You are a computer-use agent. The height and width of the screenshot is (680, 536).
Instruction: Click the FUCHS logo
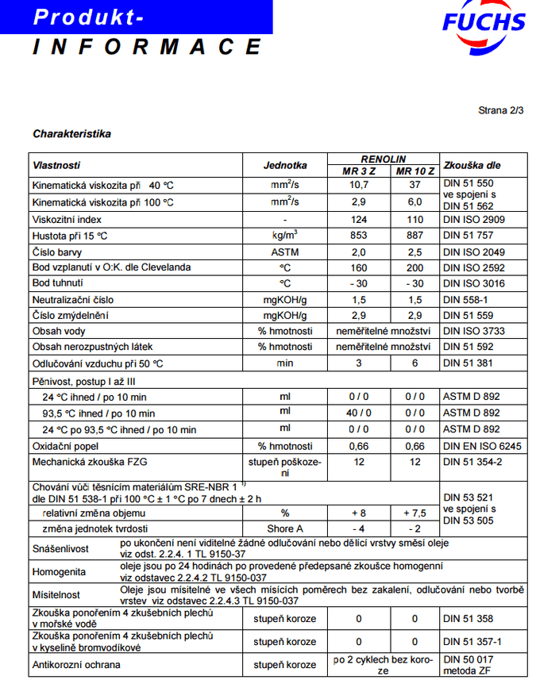coord(484,23)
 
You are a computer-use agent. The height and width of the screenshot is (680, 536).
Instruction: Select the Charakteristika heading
coord(71,133)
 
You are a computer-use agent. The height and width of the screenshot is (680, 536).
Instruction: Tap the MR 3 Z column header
coord(359,171)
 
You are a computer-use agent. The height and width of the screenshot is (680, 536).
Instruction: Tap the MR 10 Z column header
coord(415,171)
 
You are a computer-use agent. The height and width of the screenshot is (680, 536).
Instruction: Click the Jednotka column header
coord(285,165)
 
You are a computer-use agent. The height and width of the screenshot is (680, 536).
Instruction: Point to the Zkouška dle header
coord(472,165)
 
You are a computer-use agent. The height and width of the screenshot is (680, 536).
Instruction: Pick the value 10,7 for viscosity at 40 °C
coord(359,185)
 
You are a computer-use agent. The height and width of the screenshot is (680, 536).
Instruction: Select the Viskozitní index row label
coord(67,219)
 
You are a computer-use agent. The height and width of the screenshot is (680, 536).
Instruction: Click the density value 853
coord(359,235)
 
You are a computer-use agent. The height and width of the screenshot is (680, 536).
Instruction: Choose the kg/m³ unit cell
coord(285,235)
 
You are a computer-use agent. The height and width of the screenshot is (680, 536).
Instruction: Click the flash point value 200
coord(415,267)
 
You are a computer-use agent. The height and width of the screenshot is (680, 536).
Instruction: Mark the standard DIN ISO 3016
coord(474,283)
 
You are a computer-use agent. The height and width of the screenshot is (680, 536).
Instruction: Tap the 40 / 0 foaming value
coord(359,413)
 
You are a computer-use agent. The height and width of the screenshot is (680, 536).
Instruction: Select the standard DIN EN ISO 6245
coord(482,446)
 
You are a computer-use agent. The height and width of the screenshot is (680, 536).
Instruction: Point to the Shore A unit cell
coord(285,528)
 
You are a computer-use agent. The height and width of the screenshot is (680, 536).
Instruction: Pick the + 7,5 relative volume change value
coord(415,513)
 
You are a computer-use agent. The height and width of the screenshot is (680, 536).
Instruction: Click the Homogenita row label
coord(60,571)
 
